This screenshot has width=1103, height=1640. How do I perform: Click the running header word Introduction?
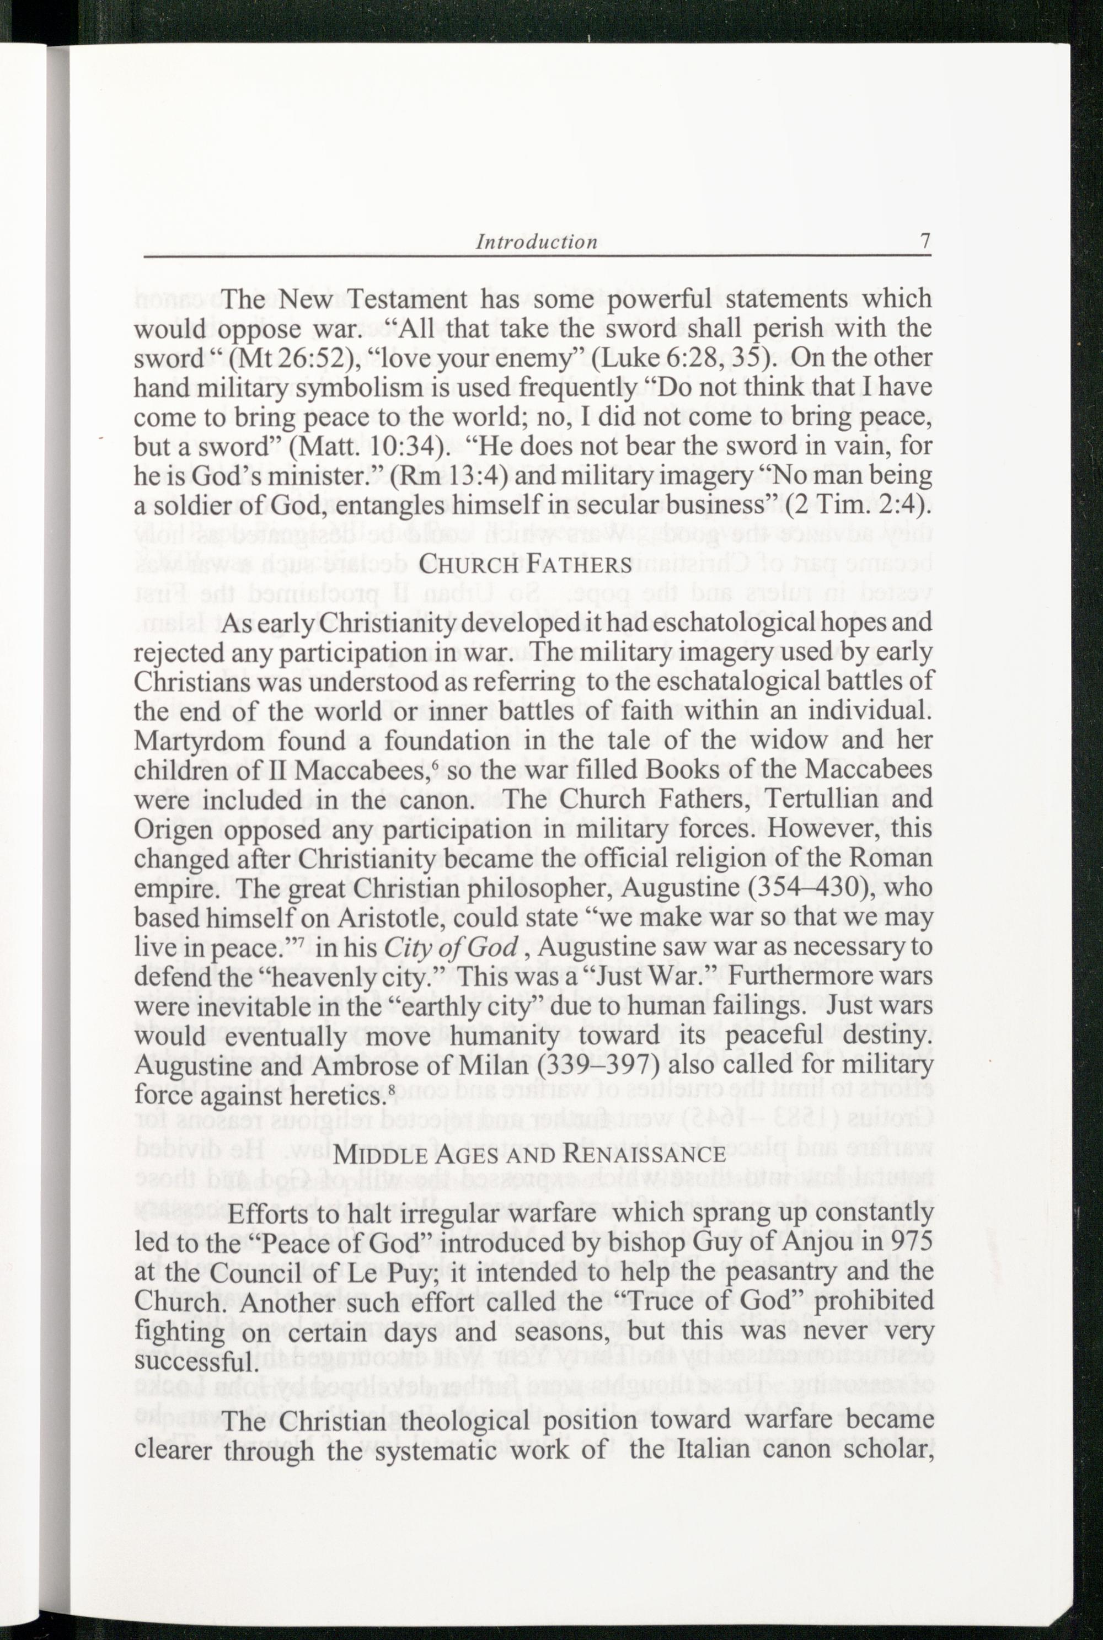pos(537,243)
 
